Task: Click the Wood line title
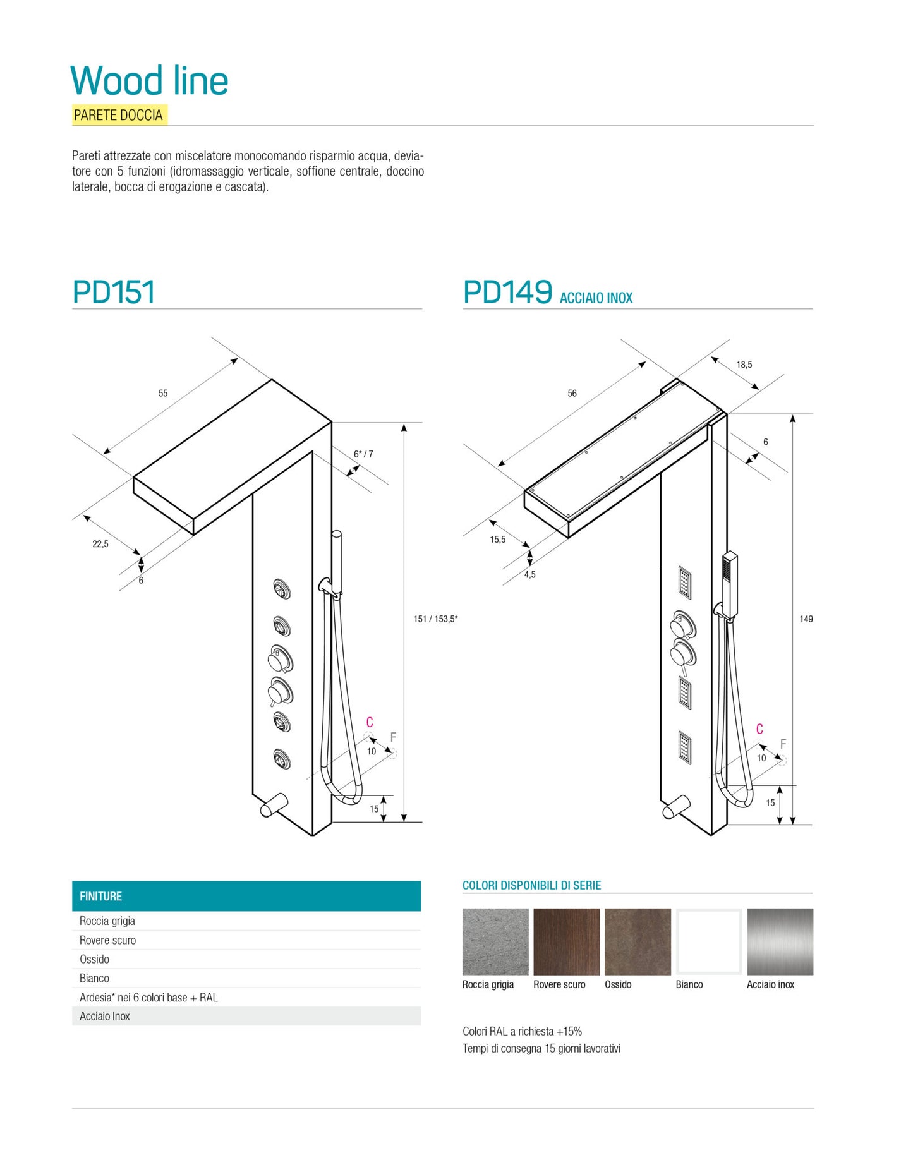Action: tap(149, 81)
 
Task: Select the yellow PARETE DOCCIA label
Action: tap(119, 115)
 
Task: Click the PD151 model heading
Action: tap(114, 292)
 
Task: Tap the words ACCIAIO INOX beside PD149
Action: tap(596, 298)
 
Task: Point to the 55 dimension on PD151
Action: tap(163, 393)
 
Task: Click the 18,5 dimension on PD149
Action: tap(744, 365)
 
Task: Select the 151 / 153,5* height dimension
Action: tap(435, 619)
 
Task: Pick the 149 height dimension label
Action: tap(806, 619)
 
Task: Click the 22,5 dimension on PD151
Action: tap(100, 543)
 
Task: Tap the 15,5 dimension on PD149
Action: tap(498, 539)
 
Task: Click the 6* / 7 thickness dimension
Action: tap(363, 454)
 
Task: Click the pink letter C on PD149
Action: tap(759, 728)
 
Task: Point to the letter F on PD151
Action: tap(393, 737)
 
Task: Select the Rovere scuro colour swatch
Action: tap(566, 941)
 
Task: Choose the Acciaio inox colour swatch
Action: tap(780, 941)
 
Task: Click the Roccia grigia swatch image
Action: tap(495, 941)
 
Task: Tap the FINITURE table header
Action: tap(246, 896)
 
